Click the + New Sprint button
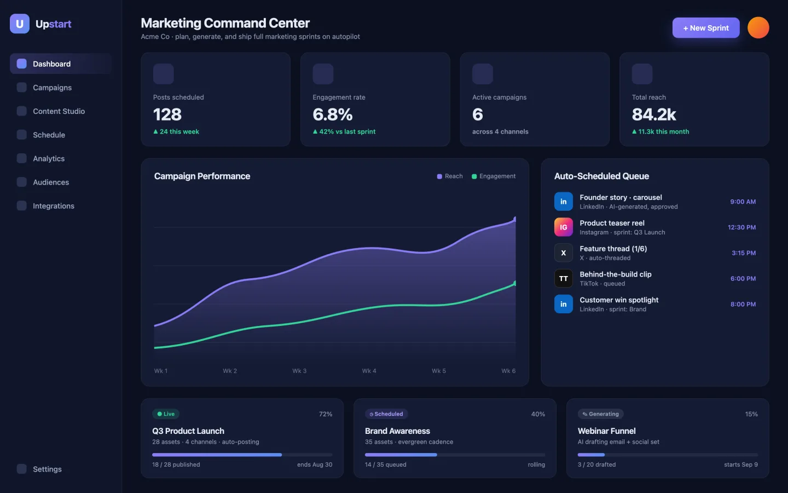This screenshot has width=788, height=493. (706, 28)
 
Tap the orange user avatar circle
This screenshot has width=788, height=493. (758, 27)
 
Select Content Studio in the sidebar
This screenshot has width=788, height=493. (59, 111)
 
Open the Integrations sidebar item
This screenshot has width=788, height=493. (54, 206)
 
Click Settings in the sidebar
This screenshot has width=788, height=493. (47, 469)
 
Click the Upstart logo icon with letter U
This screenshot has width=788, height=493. (20, 24)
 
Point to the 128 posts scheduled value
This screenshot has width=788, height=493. (167, 114)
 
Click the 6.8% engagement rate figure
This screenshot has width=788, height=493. (333, 114)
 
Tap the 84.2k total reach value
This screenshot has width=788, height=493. (654, 114)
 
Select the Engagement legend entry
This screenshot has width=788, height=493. (494, 176)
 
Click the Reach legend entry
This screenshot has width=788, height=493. (450, 176)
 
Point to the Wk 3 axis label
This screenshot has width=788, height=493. (299, 371)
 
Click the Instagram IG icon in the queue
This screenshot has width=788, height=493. (564, 227)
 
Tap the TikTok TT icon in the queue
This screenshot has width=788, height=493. (564, 278)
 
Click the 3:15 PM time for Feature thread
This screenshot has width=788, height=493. (744, 253)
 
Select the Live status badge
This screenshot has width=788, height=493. (166, 414)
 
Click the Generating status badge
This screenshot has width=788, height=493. (600, 414)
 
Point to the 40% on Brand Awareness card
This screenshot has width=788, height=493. (538, 414)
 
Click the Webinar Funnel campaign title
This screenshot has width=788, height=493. (606, 431)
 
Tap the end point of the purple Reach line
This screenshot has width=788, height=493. (515, 219)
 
